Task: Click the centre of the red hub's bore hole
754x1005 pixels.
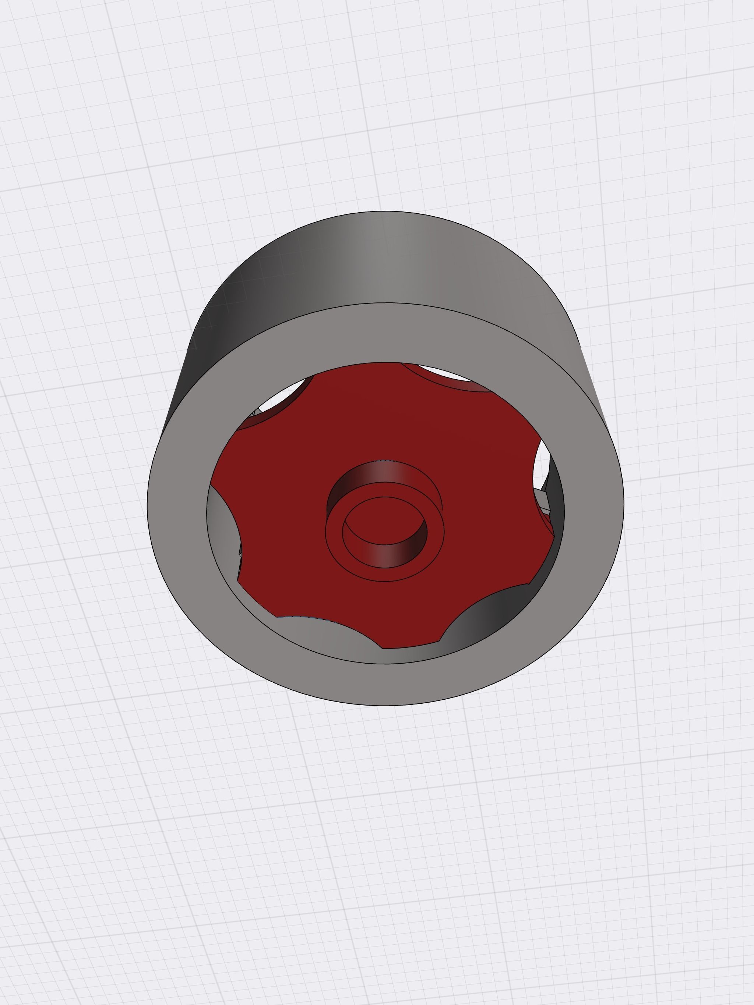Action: point(385,522)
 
